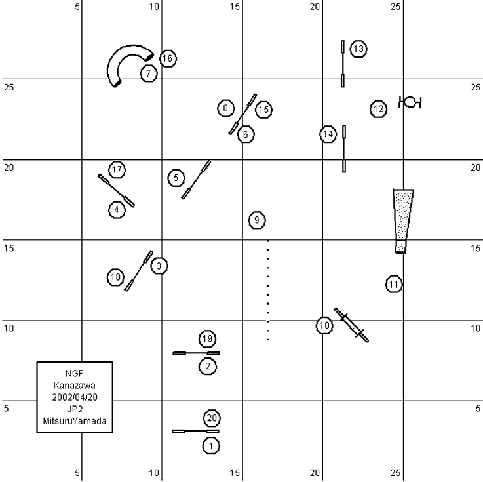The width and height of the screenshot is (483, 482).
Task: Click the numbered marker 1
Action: click(210, 445)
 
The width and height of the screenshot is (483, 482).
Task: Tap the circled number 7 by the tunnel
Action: click(149, 74)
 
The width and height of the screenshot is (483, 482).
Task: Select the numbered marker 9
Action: click(257, 220)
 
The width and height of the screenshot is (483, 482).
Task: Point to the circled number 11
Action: click(393, 284)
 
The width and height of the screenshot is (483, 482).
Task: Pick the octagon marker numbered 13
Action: click(358, 49)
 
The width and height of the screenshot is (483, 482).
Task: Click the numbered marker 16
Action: click(168, 58)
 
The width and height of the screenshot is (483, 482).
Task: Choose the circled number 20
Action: click(211, 418)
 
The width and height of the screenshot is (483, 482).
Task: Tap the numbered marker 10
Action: click(324, 325)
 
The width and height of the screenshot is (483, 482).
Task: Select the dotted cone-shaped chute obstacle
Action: click(402, 220)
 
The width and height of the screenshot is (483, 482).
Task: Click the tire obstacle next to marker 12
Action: click(410, 102)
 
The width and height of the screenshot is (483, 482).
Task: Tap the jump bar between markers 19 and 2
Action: click(196, 353)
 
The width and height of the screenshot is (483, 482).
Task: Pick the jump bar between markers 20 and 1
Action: click(195, 431)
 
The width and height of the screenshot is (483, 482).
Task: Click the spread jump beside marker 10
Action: click(351, 325)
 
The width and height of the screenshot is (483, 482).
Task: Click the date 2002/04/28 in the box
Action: click(74, 397)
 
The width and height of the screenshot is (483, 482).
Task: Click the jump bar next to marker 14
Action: click(344, 149)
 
